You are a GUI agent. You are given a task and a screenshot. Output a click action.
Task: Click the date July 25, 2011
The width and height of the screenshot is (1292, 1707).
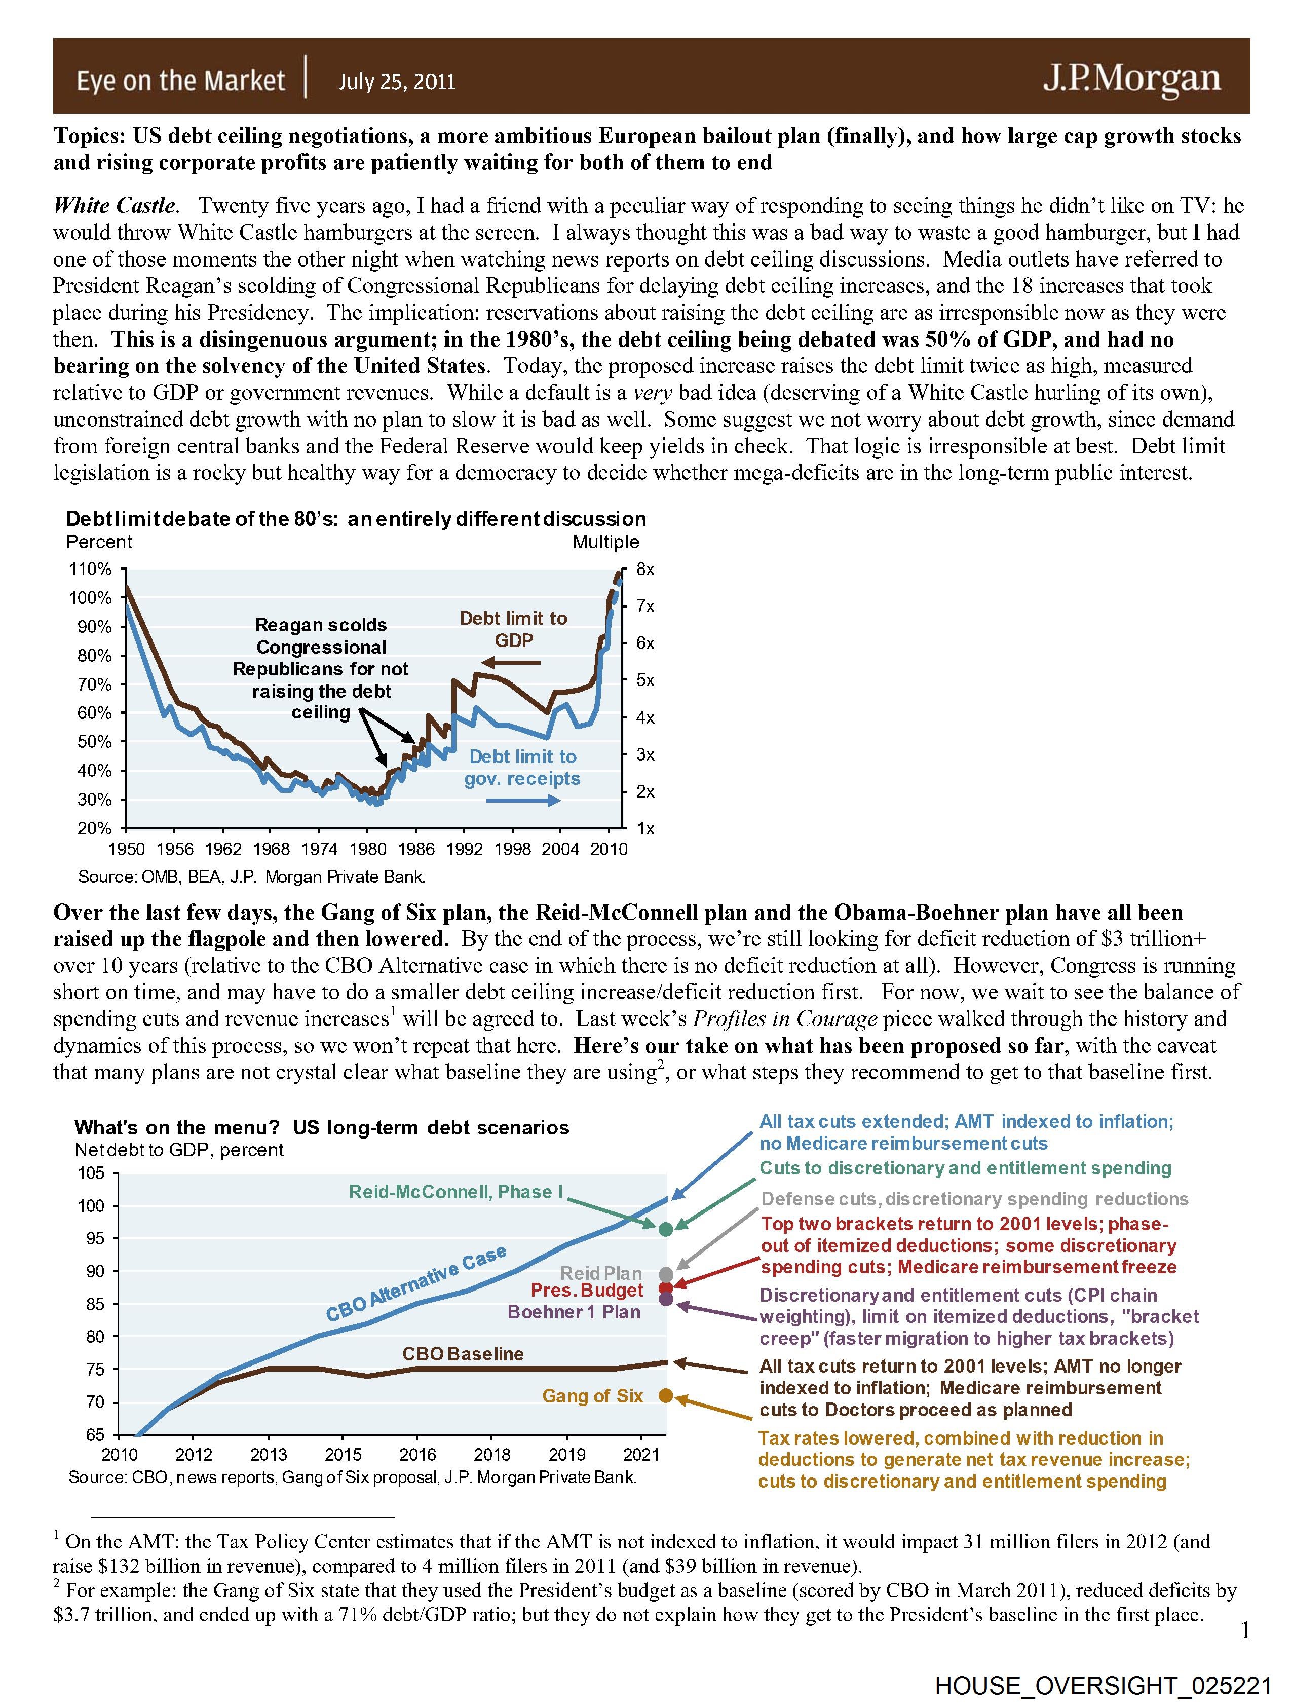(397, 82)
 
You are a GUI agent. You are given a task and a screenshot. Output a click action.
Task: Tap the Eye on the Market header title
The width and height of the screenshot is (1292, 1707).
(180, 80)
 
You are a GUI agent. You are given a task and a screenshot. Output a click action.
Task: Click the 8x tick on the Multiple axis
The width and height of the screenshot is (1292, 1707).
(645, 570)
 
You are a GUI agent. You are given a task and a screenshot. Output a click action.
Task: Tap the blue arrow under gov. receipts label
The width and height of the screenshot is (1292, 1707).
(522, 801)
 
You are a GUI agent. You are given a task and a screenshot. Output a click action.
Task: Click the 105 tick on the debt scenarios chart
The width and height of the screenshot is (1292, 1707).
(91, 1174)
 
